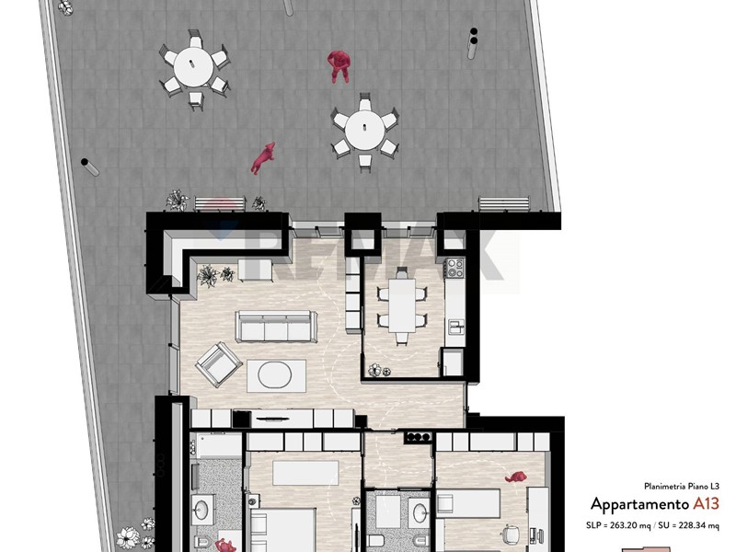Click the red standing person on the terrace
click(x=339, y=66)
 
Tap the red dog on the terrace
click(x=263, y=158)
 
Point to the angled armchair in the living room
click(x=219, y=364)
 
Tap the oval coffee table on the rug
click(x=275, y=375)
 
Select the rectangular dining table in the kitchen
click(x=402, y=305)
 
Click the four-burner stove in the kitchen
click(x=454, y=268)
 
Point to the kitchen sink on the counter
click(x=455, y=327)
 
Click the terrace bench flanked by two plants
click(x=220, y=203)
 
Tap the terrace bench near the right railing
click(x=504, y=203)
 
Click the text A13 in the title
click(x=706, y=503)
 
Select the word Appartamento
click(x=639, y=504)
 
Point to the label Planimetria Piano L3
click(x=681, y=487)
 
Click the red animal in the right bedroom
click(x=516, y=477)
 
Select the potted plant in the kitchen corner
click(x=379, y=371)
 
